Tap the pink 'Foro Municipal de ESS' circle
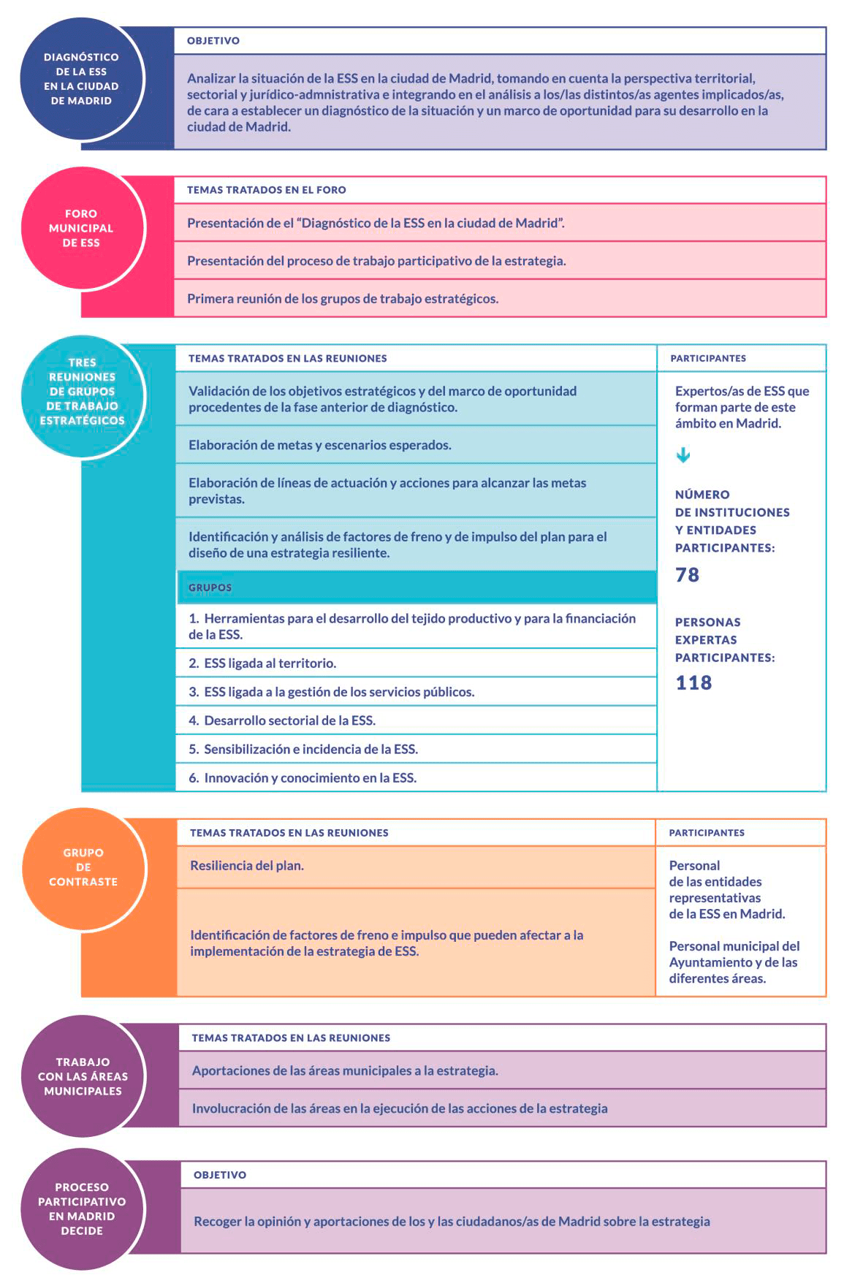(x=81, y=229)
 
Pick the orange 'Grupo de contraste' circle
(x=83, y=867)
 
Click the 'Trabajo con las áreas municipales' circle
(x=83, y=1076)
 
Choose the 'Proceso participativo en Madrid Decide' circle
(x=82, y=1209)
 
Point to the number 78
(x=687, y=575)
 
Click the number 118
(x=693, y=682)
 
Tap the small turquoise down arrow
(x=683, y=456)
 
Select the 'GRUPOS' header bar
(x=417, y=587)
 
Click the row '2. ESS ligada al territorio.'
(x=417, y=663)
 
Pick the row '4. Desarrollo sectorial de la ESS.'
(x=417, y=720)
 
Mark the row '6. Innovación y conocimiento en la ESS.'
(x=417, y=778)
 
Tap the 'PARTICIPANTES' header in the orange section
(x=707, y=833)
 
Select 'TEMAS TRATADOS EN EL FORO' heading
(x=267, y=190)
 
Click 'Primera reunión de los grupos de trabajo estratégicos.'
(x=343, y=299)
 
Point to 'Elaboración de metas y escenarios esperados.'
(x=320, y=445)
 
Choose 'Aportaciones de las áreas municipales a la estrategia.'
(x=345, y=1071)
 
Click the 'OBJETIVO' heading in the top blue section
(x=213, y=41)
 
